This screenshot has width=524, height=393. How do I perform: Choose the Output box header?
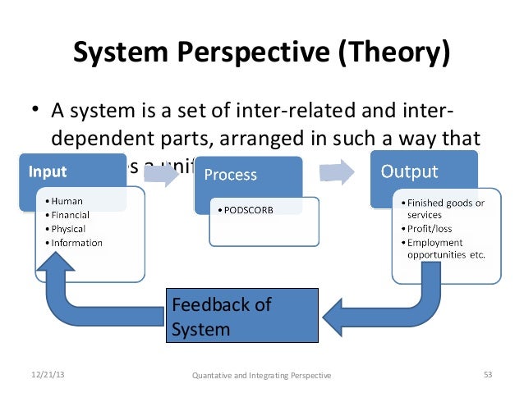tap(408, 172)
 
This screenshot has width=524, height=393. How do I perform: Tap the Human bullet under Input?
tap(65, 201)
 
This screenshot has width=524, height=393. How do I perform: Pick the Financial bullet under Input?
tap(70, 215)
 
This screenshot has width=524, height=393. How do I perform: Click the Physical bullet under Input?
tap(69, 229)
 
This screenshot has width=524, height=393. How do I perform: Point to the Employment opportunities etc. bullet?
tap(444, 249)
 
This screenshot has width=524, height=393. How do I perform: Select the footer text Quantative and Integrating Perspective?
tap(261, 376)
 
